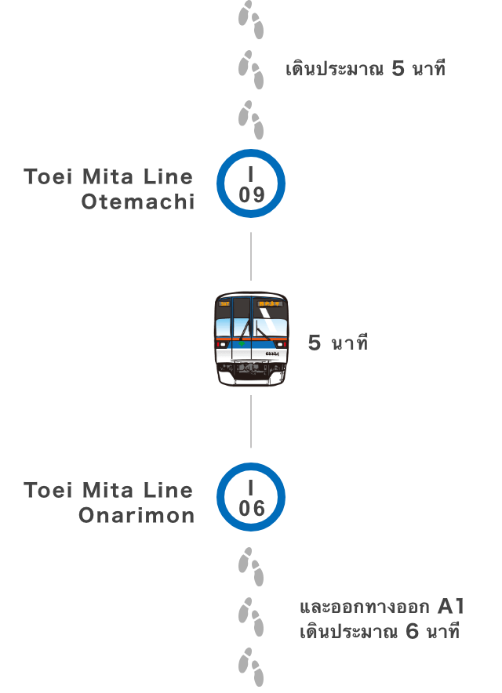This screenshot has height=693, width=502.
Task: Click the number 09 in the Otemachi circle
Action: pyautogui.click(x=251, y=194)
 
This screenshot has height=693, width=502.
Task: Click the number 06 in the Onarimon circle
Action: pyautogui.click(x=251, y=508)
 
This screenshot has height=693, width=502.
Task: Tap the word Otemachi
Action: pyautogui.click(x=137, y=201)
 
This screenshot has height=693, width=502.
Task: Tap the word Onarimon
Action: pyautogui.click(x=136, y=516)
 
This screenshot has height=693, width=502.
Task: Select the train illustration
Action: pyautogui.click(x=251, y=339)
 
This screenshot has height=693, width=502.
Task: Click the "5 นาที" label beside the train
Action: pyautogui.click(x=337, y=343)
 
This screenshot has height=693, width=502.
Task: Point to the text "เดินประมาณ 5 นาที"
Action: pyautogui.click(x=366, y=69)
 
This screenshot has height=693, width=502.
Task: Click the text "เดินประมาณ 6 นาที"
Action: pyautogui.click(x=379, y=631)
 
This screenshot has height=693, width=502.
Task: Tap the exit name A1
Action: pyautogui.click(x=451, y=606)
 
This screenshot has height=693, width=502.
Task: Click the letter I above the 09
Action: pyautogui.click(x=251, y=172)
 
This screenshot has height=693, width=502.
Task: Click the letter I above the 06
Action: pyautogui.click(x=251, y=486)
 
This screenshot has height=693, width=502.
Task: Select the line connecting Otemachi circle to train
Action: pyautogui.click(x=251, y=256)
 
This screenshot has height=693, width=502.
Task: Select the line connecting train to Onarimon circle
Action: pyautogui.click(x=251, y=421)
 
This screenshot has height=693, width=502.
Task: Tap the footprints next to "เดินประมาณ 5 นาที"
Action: pyautogui.click(x=251, y=69)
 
